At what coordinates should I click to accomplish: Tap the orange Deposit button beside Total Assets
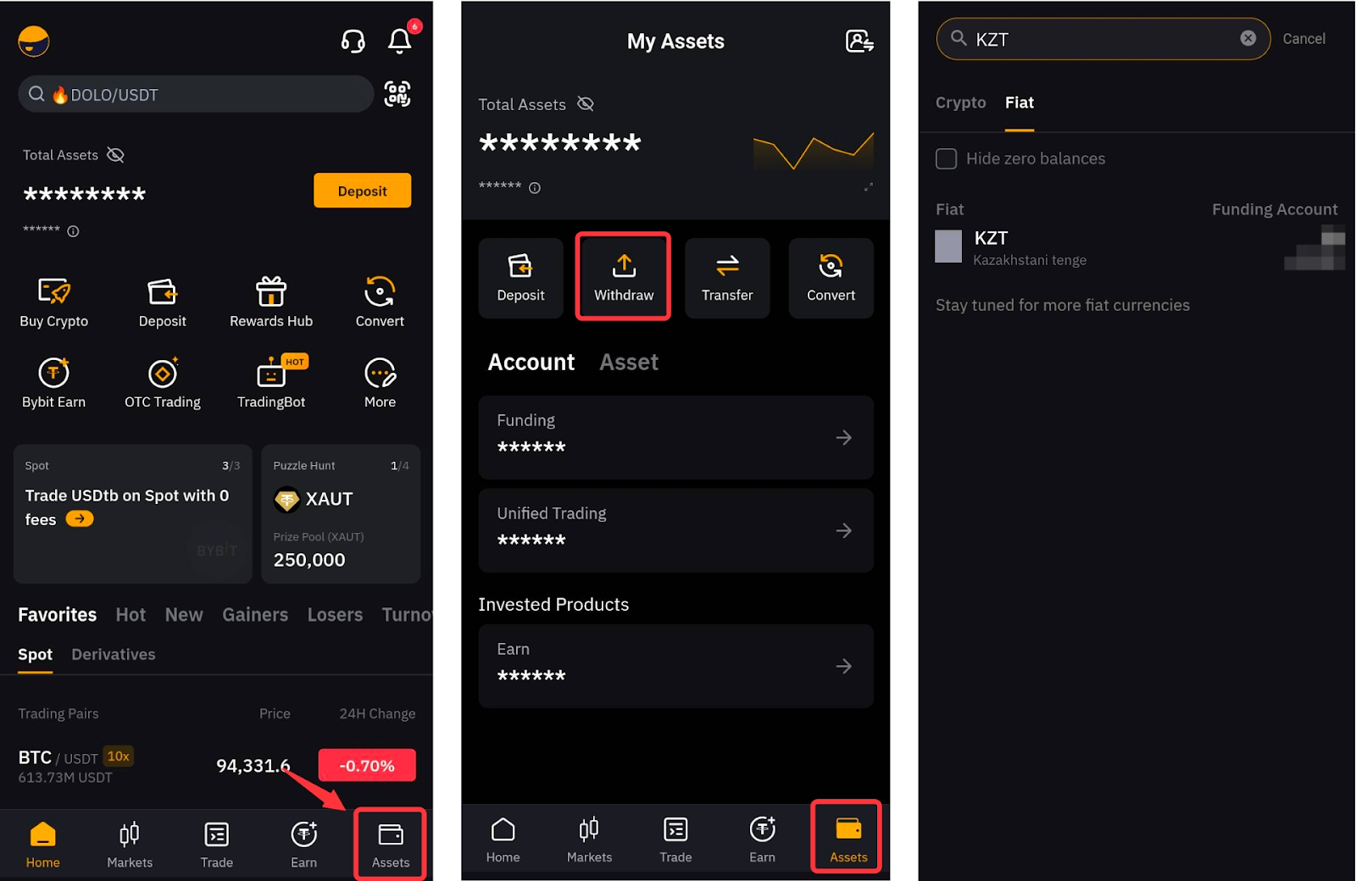pyautogui.click(x=362, y=191)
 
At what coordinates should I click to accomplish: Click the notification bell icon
pyautogui.click(x=399, y=42)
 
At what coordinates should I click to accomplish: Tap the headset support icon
pyautogui.click(x=353, y=42)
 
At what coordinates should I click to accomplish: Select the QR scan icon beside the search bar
pyautogui.click(x=397, y=94)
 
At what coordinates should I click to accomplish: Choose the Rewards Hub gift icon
pyautogui.click(x=270, y=291)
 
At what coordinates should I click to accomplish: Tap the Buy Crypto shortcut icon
pyautogui.click(x=54, y=291)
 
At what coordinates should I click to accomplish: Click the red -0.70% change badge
pyautogui.click(x=367, y=766)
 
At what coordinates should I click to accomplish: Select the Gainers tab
pyautogui.click(x=255, y=615)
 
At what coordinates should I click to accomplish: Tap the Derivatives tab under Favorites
pyautogui.click(x=114, y=654)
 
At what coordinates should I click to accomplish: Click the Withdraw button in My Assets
pyautogui.click(x=624, y=277)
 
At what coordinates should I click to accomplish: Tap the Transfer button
pyautogui.click(x=727, y=277)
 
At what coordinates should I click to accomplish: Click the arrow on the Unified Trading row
pyautogui.click(x=843, y=530)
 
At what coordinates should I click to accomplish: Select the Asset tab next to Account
pyautogui.click(x=628, y=362)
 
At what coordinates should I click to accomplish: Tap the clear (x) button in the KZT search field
pyautogui.click(x=1248, y=38)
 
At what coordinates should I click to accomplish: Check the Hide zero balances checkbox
pyautogui.click(x=946, y=158)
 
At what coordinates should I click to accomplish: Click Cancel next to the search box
pyautogui.click(x=1304, y=39)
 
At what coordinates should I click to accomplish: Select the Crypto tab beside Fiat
pyautogui.click(x=961, y=103)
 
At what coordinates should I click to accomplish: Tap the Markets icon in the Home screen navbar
pyautogui.click(x=130, y=834)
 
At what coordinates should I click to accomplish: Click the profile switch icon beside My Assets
pyautogui.click(x=859, y=42)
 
